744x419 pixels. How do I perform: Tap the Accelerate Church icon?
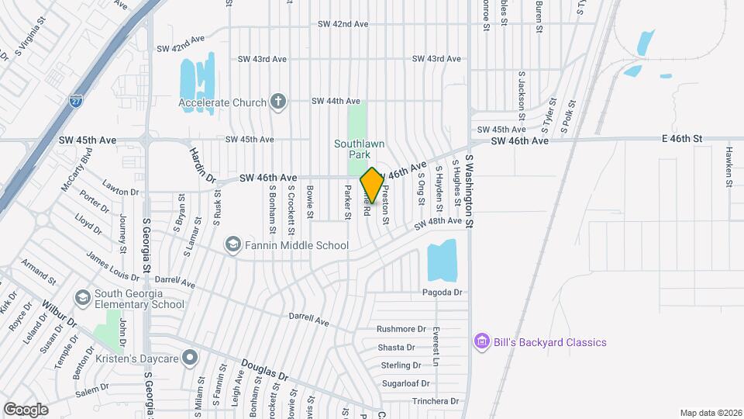[277, 102]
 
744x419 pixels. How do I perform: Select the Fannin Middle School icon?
[232, 245]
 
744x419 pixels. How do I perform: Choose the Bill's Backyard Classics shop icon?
[481, 342]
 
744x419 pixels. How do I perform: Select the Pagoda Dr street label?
[442, 293]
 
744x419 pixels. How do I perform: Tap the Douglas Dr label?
[264, 369]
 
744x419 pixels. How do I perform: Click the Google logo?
[26, 409]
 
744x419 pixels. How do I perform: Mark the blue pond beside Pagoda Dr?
[442, 261]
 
